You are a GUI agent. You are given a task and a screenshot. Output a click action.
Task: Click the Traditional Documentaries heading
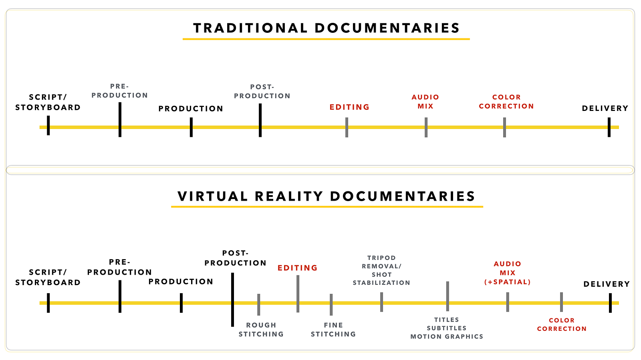coord(327,28)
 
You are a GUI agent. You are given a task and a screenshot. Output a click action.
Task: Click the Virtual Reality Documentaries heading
coord(327,196)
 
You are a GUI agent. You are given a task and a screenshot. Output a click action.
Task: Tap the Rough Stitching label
coord(261,330)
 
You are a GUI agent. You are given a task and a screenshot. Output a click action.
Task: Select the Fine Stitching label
coord(333,330)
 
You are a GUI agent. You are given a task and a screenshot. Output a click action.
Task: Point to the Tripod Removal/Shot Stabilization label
coord(381,270)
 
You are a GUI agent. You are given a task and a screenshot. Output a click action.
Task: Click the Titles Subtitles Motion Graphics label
coord(447,328)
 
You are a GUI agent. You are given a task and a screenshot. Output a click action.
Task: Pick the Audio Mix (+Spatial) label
coord(507,273)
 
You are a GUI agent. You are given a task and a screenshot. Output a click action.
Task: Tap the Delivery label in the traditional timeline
coord(605,108)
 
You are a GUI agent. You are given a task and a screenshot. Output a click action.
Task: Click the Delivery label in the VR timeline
coord(607,284)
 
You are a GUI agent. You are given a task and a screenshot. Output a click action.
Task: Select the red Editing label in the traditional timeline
coord(349,107)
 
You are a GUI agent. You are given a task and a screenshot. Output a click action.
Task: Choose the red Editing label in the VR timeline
coord(298,267)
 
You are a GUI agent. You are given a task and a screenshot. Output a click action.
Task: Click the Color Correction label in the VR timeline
coord(562,324)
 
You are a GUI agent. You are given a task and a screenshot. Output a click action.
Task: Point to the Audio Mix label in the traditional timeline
coord(425,102)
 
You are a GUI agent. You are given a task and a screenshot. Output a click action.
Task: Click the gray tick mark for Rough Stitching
coord(259,304)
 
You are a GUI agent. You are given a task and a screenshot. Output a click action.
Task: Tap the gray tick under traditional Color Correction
coord(504,127)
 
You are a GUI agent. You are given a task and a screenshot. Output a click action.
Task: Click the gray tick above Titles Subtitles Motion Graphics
coord(447,296)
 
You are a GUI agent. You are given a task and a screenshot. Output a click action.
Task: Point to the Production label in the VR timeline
coord(181,282)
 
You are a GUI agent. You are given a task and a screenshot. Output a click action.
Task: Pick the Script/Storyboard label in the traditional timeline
coord(48,102)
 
